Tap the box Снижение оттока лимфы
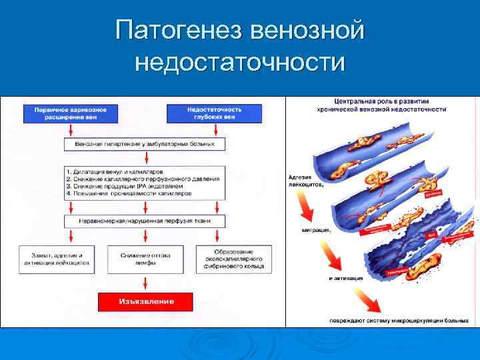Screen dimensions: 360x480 139,258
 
